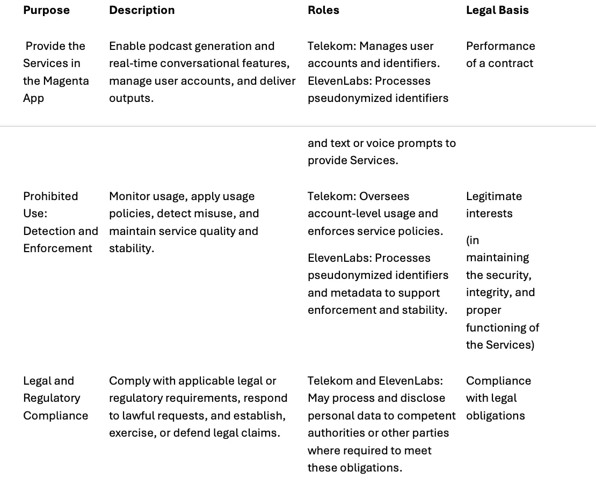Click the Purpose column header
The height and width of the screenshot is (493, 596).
coord(46,10)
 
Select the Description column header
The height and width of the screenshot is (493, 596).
coord(142,10)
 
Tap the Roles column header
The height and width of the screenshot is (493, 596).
coord(323,10)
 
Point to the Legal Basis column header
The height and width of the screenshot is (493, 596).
coord(497,10)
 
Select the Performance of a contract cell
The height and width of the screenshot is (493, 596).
coord(500,55)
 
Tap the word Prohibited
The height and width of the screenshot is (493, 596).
coord(50,196)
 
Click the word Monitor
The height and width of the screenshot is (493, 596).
coord(130,196)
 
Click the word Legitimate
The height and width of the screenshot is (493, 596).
coord(494,196)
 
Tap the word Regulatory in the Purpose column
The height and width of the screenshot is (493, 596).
coord(52,398)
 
